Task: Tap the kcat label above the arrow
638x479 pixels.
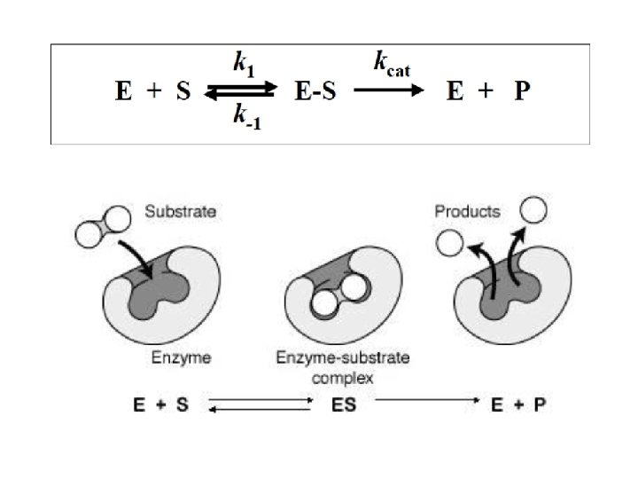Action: tap(390, 63)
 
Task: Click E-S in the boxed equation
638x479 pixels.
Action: tap(316, 91)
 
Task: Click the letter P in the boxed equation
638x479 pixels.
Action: tap(522, 91)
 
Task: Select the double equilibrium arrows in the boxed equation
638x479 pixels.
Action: tap(241, 90)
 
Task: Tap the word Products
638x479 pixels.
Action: tap(468, 212)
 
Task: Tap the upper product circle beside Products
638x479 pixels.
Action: tap(533, 210)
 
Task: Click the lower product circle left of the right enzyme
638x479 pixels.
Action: tap(449, 241)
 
